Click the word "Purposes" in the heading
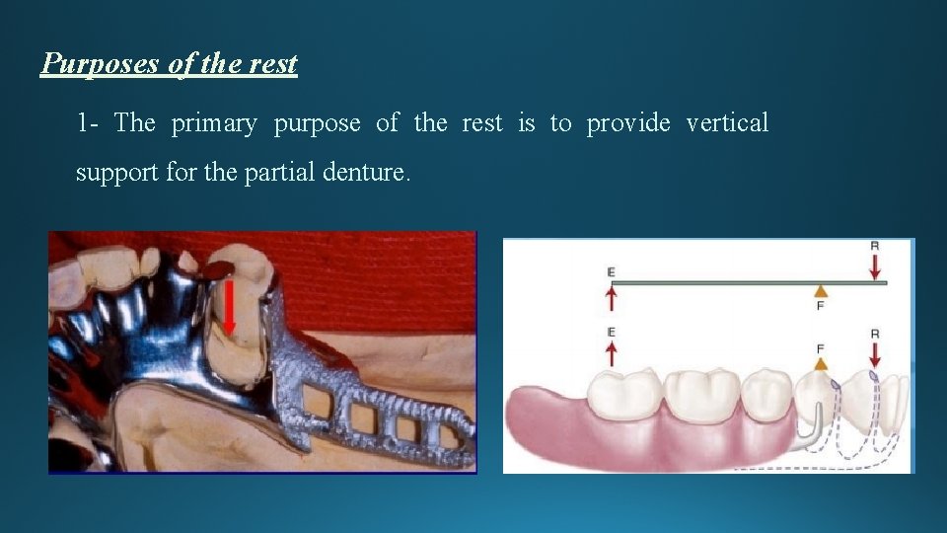pyautogui.click(x=102, y=65)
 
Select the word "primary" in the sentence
pyautogui.click(x=214, y=123)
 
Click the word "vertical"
pyautogui.click(x=726, y=123)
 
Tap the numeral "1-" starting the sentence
pyautogui.click(x=88, y=123)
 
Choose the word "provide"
pyautogui.click(x=628, y=123)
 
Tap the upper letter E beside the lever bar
pyautogui.click(x=612, y=269)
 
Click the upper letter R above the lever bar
pyautogui.click(x=875, y=246)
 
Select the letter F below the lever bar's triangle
pyautogui.click(x=820, y=306)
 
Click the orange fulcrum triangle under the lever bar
pyautogui.click(x=820, y=291)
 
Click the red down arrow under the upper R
pyautogui.click(x=875, y=266)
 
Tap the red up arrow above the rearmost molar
pyautogui.click(x=612, y=352)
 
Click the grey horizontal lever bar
pyautogui.click(x=740, y=283)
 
